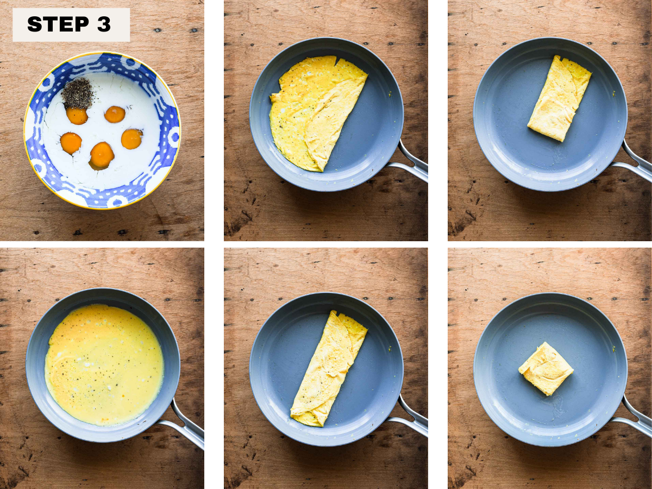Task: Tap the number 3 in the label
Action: (104, 24)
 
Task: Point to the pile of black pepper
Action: (78, 92)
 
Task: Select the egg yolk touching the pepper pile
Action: (77, 115)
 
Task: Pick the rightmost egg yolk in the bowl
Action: (132, 139)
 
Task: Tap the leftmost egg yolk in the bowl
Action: (71, 143)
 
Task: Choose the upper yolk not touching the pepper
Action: (115, 114)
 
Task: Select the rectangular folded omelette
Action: (559, 98)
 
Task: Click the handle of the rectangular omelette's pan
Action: (634, 164)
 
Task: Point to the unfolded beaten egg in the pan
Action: (104, 365)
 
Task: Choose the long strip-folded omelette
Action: (329, 368)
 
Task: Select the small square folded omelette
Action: (546, 368)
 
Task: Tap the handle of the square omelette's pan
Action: (634, 418)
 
